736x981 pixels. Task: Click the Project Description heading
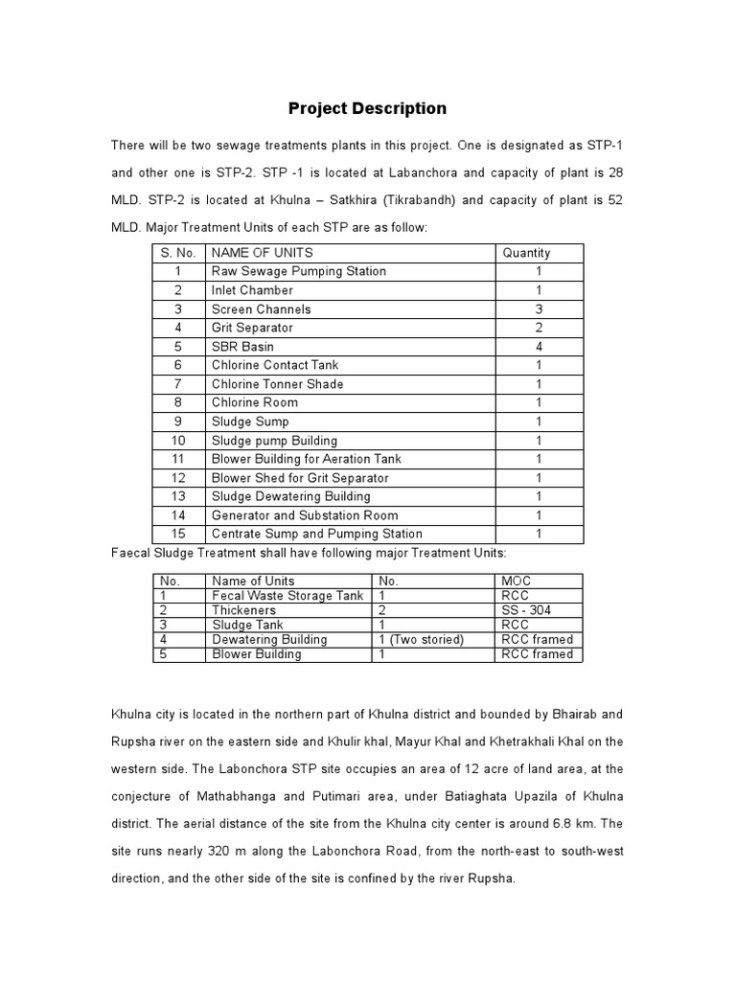click(x=368, y=108)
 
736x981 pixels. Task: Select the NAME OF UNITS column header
click(x=256, y=253)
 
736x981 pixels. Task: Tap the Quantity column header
click(x=526, y=253)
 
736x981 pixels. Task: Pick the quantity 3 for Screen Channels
click(x=539, y=309)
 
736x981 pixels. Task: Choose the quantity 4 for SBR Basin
click(x=539, y=347)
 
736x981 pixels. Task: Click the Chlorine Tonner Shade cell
click(x=277, y=384)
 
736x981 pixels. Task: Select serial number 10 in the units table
click(x=178, y=441)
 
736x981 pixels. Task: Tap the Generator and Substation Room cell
click(x=305, y=515)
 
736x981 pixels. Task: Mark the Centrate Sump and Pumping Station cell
click(x=317, y=534)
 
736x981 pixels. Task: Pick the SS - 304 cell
click(x=526, y=610)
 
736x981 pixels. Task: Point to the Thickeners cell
click(x=243, y=610)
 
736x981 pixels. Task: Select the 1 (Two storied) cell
click(x=421, y=639)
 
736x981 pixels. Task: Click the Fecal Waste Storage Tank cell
click(x=287, y=596)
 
